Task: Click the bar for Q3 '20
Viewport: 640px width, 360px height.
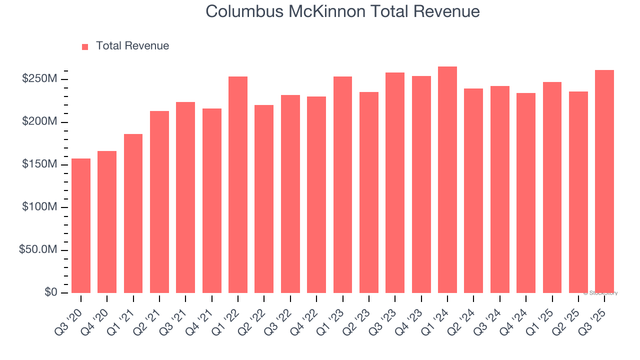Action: [x=81, y=225]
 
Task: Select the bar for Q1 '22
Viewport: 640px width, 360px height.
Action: [x=238, y=184]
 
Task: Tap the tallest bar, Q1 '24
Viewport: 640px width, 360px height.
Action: [x=447, y=179]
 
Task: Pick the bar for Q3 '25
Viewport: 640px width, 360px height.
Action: [x=604, y=181]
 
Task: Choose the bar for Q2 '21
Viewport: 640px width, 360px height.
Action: [x=159, y=202]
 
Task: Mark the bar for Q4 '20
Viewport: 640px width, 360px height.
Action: [x=107, y=222]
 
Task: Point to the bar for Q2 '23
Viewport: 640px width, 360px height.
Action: [x=368, y=192]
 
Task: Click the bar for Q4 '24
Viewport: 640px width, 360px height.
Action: [x=525, y=193]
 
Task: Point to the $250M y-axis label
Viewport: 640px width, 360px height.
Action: [x=39, y=79]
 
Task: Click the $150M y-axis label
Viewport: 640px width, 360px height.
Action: [x=39, y=164]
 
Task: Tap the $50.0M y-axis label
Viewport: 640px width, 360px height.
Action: [x=38, y=250]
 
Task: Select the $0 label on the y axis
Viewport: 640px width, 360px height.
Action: [x=49, y=292]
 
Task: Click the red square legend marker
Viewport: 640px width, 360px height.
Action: [x=85, y=46]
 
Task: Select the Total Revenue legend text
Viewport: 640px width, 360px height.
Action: [x=132, y=46]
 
